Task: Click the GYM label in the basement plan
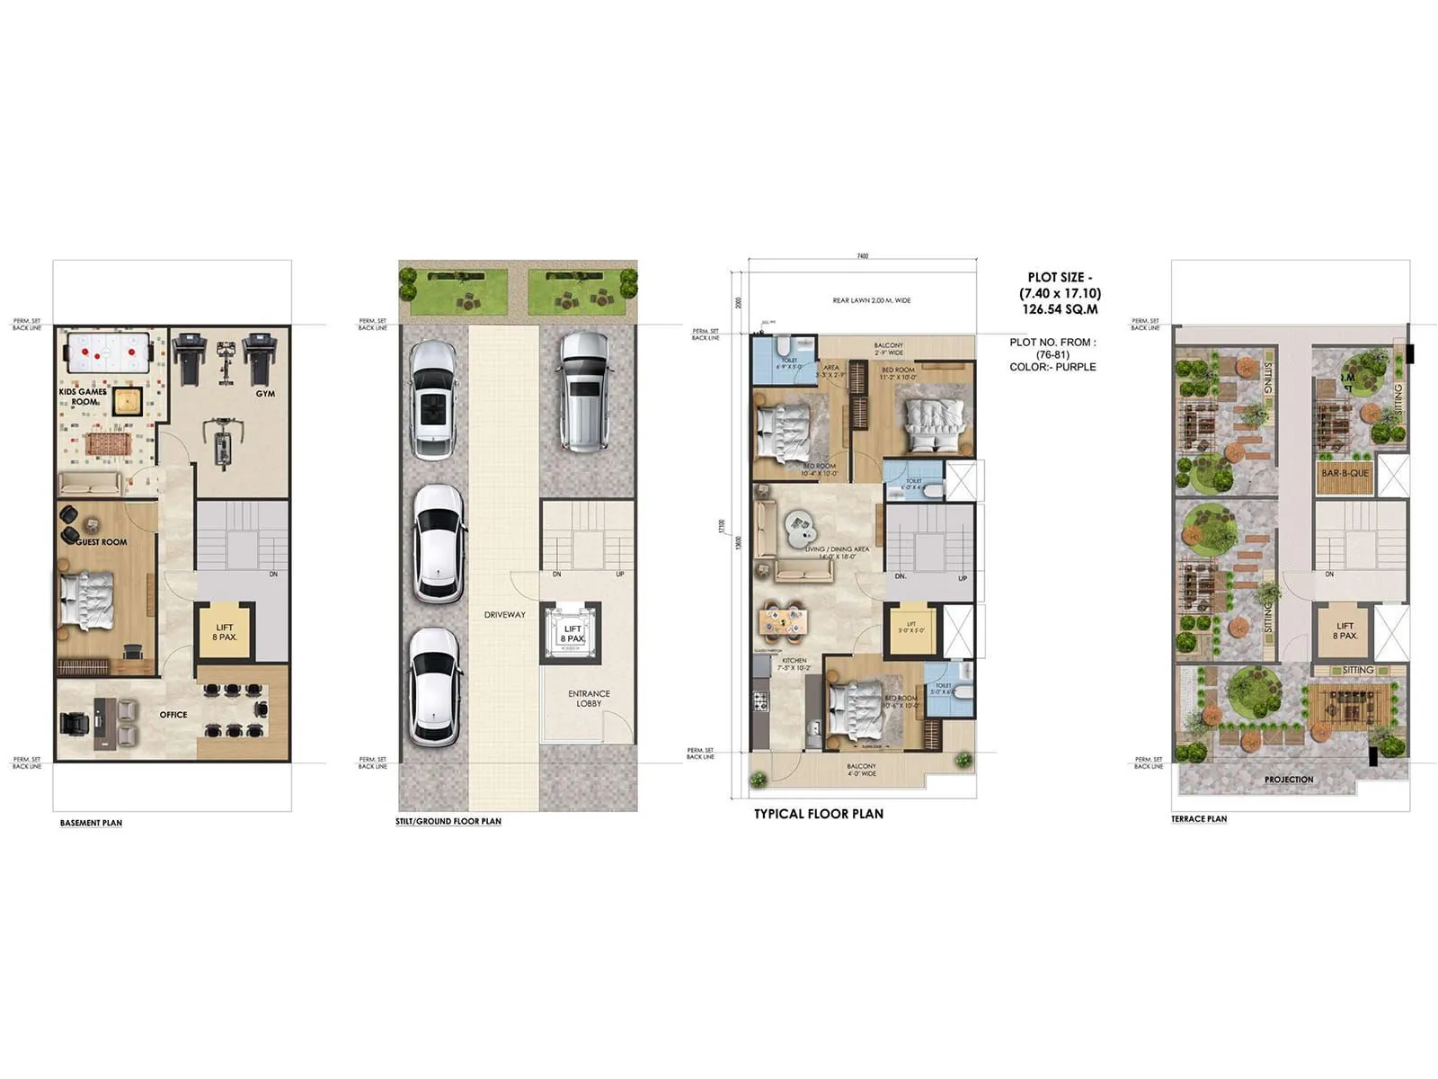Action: tap(265, 394)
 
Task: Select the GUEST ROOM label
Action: tap(101, 542)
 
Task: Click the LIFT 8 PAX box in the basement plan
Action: tap(225, 632)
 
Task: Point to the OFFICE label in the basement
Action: tap(173, 715)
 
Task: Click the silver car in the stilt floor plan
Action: tap(584, 391)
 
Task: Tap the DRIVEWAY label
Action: tap(504, 615)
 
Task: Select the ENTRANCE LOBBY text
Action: tap(589, 699)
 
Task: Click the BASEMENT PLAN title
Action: tap(91, 823)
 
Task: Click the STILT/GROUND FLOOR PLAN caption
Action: tap(448, 821)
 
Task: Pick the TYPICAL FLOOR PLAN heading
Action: tap(818, 814)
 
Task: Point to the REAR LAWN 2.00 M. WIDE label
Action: tap(871, 300)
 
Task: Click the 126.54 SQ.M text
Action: tap(1060, 309)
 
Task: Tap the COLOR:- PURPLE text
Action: tap(1052, 367)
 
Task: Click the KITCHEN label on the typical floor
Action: tap(794, 661)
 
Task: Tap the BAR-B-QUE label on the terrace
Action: tap(1345, 473)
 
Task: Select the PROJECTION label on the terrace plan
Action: tap(1288, 780)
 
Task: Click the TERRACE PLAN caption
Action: tap(1198, 819)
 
